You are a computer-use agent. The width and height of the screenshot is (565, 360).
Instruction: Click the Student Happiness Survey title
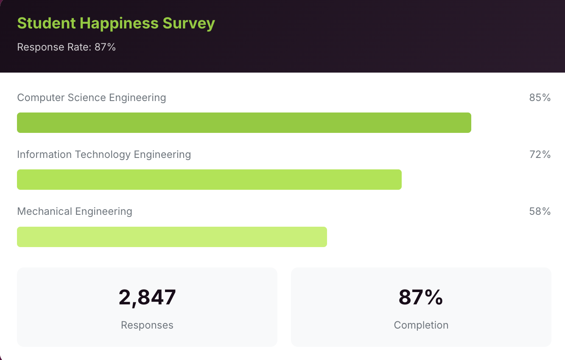[x=116, y=23]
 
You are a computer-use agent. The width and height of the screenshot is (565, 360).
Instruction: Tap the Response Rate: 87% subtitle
[x=67, y=47]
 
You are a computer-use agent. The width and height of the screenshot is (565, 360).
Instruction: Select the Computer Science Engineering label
[x=91, y=98]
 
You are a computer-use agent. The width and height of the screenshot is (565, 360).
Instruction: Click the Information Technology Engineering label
[x=104, y=155]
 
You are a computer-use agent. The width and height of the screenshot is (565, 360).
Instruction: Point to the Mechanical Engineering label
[x=75, y=211]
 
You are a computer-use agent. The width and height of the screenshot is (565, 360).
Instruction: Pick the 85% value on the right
[x=540, y=98]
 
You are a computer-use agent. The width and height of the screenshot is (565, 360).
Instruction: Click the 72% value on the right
[x=540, y=155]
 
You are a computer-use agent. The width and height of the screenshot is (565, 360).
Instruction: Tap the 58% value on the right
[x=540, y=211]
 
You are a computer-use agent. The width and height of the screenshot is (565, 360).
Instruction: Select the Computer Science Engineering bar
[x=244, y=123]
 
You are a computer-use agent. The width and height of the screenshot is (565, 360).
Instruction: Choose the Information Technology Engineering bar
[x=209, y=180]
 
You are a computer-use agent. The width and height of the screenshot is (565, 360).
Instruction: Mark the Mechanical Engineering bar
[x=172, y=237]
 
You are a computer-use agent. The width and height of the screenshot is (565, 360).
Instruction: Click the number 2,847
[x=147, y=297]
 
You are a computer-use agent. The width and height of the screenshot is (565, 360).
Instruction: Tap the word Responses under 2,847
[x=147, y=325]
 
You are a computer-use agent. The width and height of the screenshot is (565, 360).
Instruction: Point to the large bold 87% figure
[x=421, y=297]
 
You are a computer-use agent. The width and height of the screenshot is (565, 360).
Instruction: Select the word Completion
[x=421, y=325]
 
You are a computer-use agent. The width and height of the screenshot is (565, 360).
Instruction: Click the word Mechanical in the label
[x=45, y=211]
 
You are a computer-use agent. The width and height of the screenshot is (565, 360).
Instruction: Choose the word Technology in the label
[x=103, y=155]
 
